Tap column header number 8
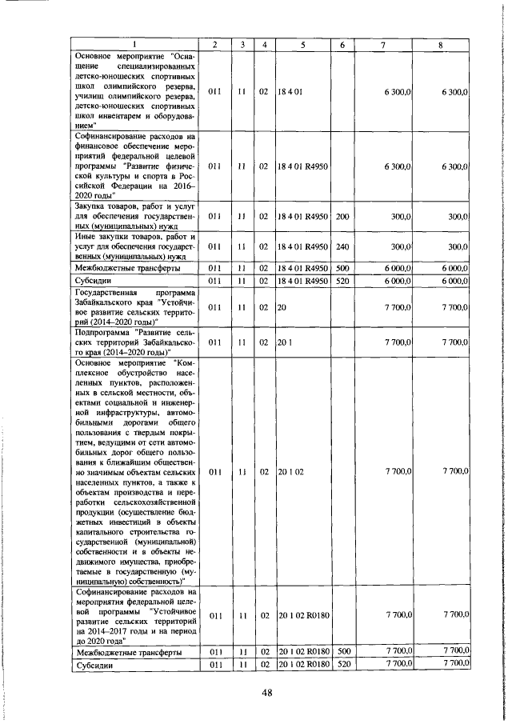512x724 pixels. point(440,44)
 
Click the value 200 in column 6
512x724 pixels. point(342,216)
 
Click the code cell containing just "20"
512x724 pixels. point(282,307)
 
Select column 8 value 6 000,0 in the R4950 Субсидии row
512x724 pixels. point(453,281)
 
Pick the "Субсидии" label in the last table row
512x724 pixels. point(95,665)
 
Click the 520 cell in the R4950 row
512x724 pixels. point(342,281)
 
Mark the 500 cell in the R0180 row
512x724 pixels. point(342,653)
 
